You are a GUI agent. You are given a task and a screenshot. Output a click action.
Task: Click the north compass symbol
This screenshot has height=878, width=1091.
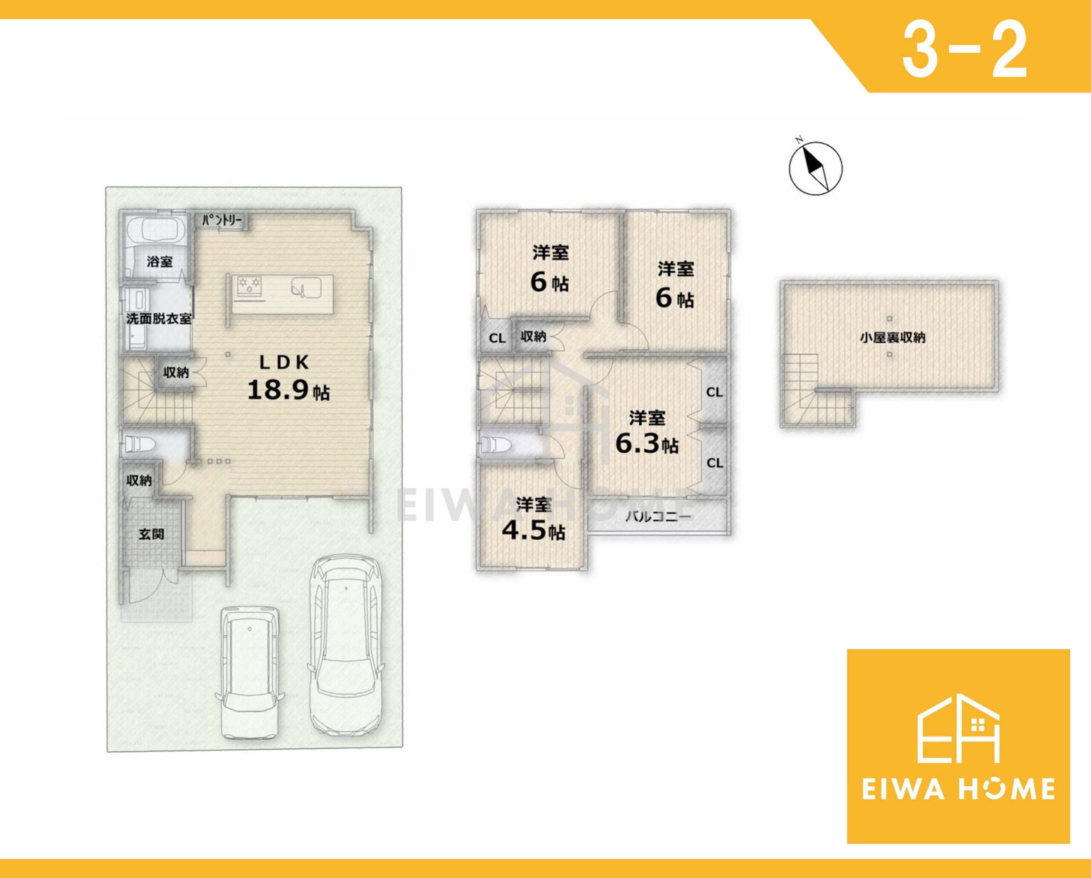click(816, 168)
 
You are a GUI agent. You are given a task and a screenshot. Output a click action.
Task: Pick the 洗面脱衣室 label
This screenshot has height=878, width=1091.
click(159, 319)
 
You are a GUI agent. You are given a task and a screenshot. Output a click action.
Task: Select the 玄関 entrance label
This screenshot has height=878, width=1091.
click(151, 534)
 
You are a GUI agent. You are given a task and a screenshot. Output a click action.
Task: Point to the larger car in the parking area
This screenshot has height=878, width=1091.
click(346, 646)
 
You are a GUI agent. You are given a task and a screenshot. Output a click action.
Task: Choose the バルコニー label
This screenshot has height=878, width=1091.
click(658, 517)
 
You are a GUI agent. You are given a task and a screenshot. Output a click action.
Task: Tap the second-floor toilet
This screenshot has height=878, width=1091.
click(496, 445)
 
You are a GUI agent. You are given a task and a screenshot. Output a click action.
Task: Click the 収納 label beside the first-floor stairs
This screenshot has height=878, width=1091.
click(176, 373)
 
